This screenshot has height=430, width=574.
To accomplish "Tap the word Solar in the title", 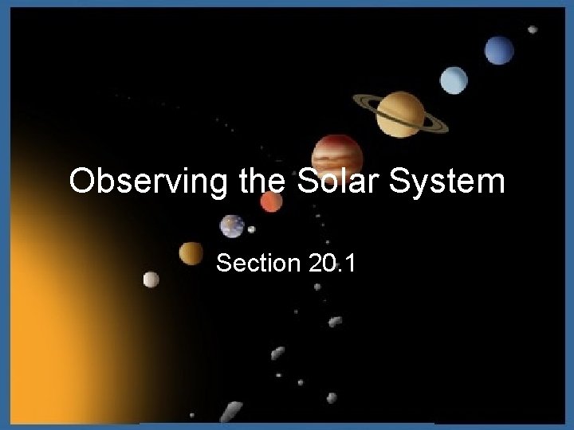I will click(x=328, y=182).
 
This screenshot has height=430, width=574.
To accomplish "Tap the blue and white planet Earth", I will click(x=233, y=225).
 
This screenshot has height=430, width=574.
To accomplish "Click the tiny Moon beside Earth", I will click(x=252, y=230).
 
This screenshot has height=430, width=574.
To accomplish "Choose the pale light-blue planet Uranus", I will click(x=454, y=78).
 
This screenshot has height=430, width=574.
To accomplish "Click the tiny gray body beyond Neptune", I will click(x=532, y=29).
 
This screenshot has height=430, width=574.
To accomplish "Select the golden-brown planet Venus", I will click(x=191, y=253).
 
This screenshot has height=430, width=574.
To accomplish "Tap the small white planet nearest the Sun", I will click(x=151, y=279).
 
